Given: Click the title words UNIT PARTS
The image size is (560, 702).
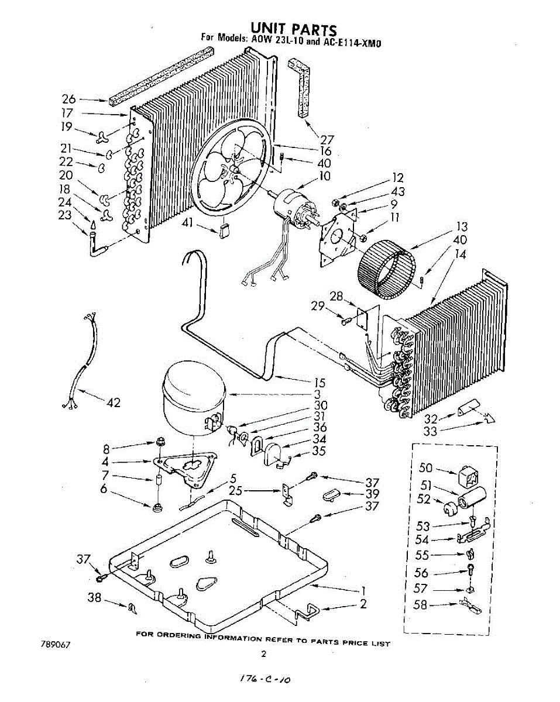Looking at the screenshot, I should [294, 29].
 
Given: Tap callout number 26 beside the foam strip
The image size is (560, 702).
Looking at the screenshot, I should [69, 99].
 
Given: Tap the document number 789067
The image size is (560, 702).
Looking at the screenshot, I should [56, 645].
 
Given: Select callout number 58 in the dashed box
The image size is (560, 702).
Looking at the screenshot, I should [420, 605].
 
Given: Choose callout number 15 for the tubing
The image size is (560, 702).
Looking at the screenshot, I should [320, 383].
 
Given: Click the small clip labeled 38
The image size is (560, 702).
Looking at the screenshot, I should [132, 608].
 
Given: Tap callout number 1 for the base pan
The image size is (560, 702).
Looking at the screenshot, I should [363, 590].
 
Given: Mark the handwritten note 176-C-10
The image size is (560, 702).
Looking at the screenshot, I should [266, 680].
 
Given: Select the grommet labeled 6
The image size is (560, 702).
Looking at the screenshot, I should [157, 508].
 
